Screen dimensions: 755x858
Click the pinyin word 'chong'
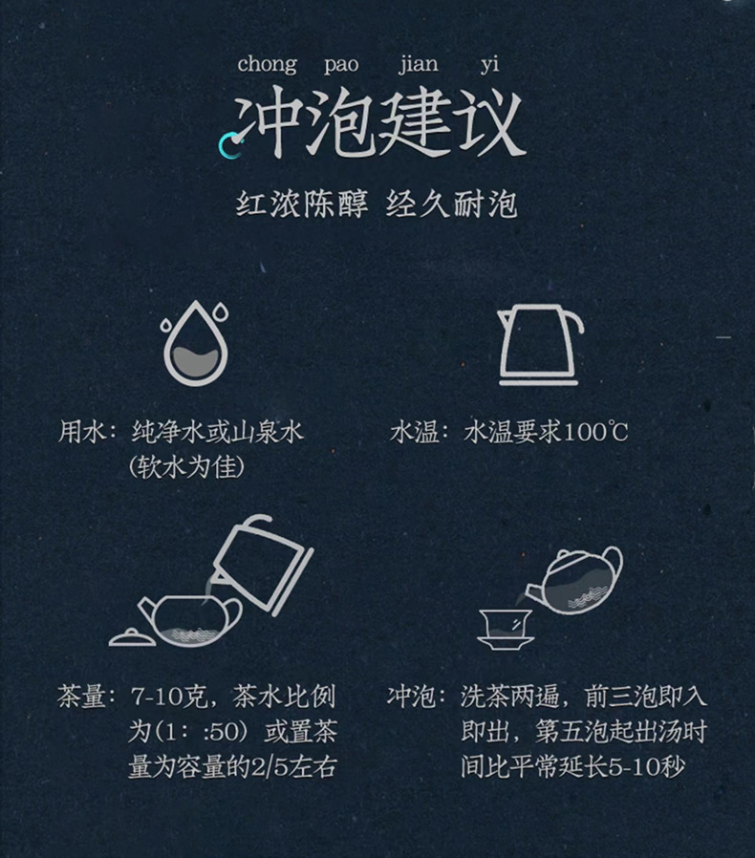point(267,65)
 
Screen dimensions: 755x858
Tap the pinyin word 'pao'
point(341,66)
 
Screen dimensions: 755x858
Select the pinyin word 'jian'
point(418,65)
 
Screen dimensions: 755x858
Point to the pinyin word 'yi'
point(489,65)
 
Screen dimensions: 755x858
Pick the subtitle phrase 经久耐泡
point(452,205)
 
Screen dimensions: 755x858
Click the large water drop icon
point(196,344)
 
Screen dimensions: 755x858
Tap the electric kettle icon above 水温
point(540,345)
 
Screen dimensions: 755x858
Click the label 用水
point(81,432)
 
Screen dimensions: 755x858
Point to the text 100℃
point(594,432)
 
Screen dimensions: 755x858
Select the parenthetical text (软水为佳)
point(186,467)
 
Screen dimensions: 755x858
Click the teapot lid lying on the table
point(133,638)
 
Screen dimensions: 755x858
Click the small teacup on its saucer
point(505,630)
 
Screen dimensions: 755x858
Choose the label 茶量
point(81,697)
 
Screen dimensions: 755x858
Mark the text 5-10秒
point(647,766)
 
